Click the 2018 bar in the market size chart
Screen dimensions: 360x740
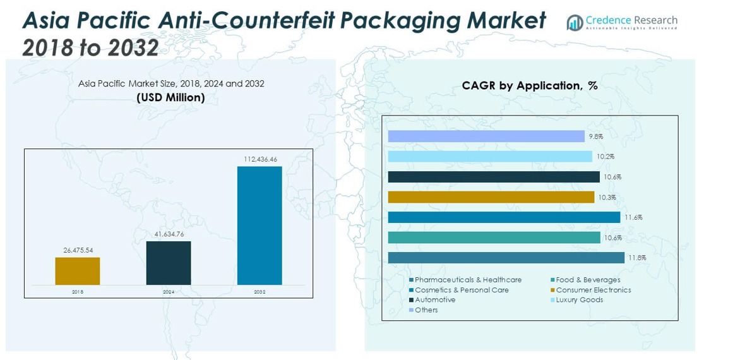[x=77, y=271]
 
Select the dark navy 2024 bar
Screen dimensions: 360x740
[x=169, y=263]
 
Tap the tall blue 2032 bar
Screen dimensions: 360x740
[x=260, y=225]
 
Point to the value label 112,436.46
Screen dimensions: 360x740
[x=260, y=159]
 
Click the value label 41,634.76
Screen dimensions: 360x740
[x=169, y=234]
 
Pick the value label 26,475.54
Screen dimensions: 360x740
[x=78, y=250]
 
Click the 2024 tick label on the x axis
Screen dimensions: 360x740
[x=169, y=292]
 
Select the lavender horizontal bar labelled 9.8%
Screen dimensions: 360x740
[x=486, y=136]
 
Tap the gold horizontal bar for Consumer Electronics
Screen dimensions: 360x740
[x=491, y=197]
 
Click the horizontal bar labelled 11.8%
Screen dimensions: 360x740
[x=506, y=258]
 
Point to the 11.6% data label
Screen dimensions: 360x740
[x=633, y=217]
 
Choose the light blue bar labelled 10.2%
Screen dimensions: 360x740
[x=491, y=157]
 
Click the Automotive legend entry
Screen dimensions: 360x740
[x=435, y=300]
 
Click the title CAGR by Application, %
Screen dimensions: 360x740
[x=529, y=86]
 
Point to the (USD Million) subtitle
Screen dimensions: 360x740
[x=170, y=97]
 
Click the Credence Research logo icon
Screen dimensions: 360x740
[x=575, y=23]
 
